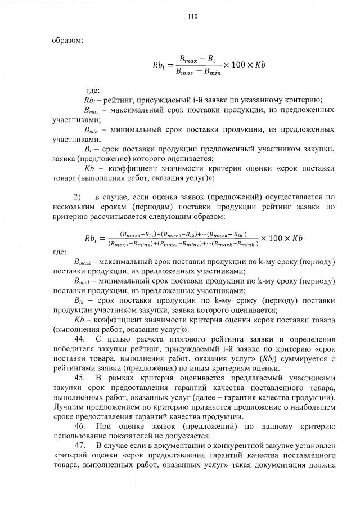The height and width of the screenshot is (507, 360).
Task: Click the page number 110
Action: (192, 17)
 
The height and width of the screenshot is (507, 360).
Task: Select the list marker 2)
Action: (78, 197)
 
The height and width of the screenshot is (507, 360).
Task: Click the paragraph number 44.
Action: (79, 339)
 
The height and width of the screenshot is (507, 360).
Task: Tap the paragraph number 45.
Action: (79, 378)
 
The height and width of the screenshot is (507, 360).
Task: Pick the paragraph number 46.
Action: (79, 427)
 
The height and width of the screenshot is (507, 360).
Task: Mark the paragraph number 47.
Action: (79, 446)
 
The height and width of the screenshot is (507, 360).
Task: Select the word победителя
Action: (73, 349)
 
